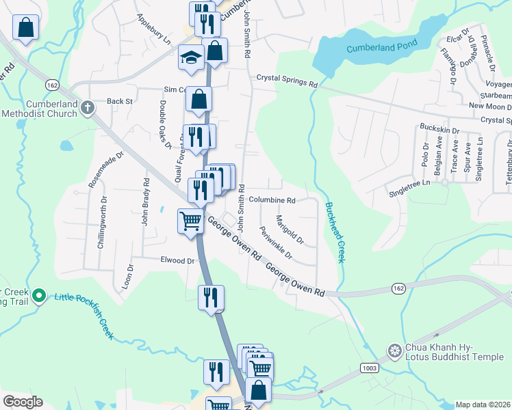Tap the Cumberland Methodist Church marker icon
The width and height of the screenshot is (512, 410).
tap(87, 107)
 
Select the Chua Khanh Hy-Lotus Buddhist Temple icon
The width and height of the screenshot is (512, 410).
tap(394, 351)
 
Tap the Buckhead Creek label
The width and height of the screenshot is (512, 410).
tap(335, 232)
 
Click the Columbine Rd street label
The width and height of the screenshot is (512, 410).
tap(272, 200)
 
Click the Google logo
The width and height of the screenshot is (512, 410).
tap(22, 402)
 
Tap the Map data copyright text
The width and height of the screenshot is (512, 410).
tap(481, 405)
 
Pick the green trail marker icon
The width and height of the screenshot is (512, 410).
tap(39, 296)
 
